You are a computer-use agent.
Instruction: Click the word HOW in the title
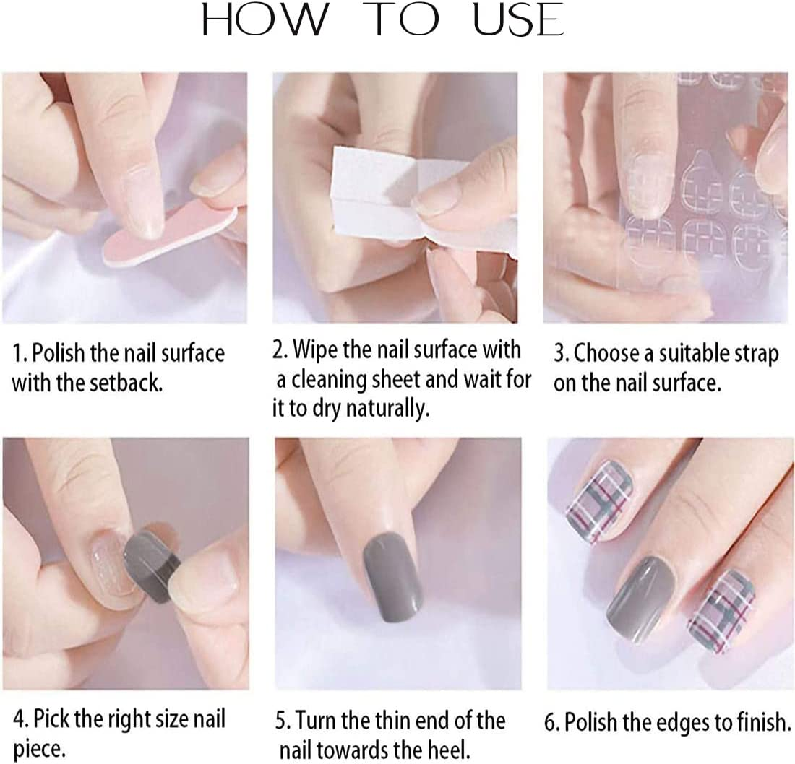[264, 19]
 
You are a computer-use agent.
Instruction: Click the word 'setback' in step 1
[126, 383]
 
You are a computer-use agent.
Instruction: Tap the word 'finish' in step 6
[760, 722]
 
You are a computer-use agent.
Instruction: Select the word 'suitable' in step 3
[689, 355]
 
